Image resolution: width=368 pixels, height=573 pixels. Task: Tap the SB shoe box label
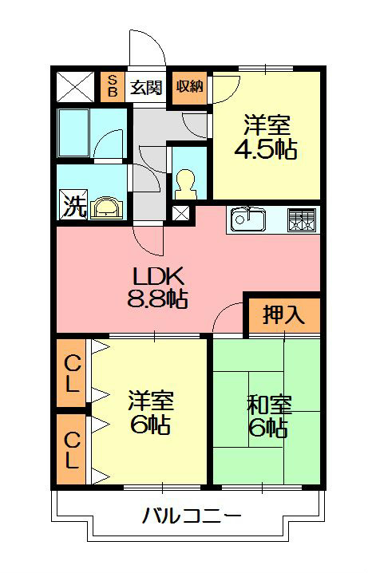(x=112, y=86)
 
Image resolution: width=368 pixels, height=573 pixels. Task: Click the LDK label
(x=158, y=277)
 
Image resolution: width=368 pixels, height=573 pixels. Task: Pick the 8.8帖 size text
(x=157, y=300)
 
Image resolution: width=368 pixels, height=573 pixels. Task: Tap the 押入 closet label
(x=283, y=314)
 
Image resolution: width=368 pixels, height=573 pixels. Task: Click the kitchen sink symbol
(x=250, y=218)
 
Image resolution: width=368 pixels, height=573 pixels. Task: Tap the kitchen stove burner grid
(x=302, y=219)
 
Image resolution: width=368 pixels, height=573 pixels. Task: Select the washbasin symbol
(x=107, y=207)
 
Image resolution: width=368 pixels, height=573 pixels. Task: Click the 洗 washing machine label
(x=73, y=207)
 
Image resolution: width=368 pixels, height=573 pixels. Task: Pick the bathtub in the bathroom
(x=74, y=133)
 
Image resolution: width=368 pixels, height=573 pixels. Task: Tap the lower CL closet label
(x=72, y=449)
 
